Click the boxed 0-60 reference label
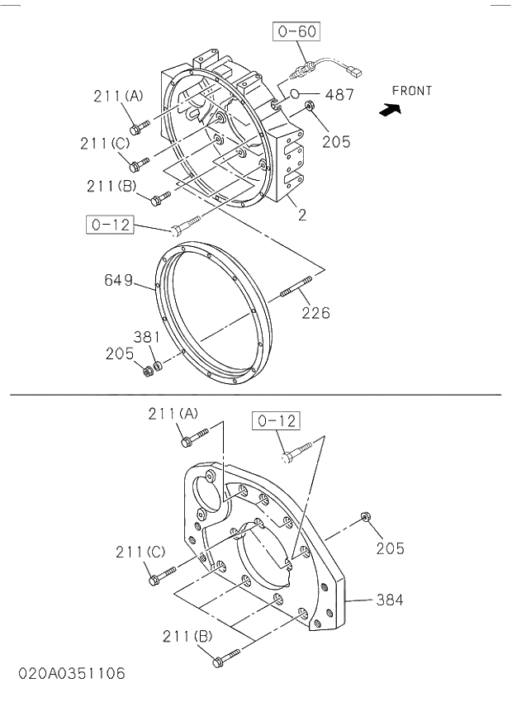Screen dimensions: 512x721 pos(296,33)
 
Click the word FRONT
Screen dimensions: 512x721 pos(411,91)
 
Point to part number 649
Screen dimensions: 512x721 pos(118,280)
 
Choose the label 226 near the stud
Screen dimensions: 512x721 pos(315,312)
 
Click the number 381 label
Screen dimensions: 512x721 pos(147,337)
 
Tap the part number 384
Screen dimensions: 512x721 pos(390,600)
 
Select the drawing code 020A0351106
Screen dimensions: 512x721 pos(72,674)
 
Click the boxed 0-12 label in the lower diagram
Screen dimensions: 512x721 pos(276,421)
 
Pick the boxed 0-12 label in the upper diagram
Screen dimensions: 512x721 pos(111,224)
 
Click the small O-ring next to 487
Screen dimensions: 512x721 pos(296,94)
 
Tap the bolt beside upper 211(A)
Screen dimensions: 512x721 pos(140,127)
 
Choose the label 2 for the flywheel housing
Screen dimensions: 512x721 pos(302,216)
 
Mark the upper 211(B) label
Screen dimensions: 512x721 pos(111,186)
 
